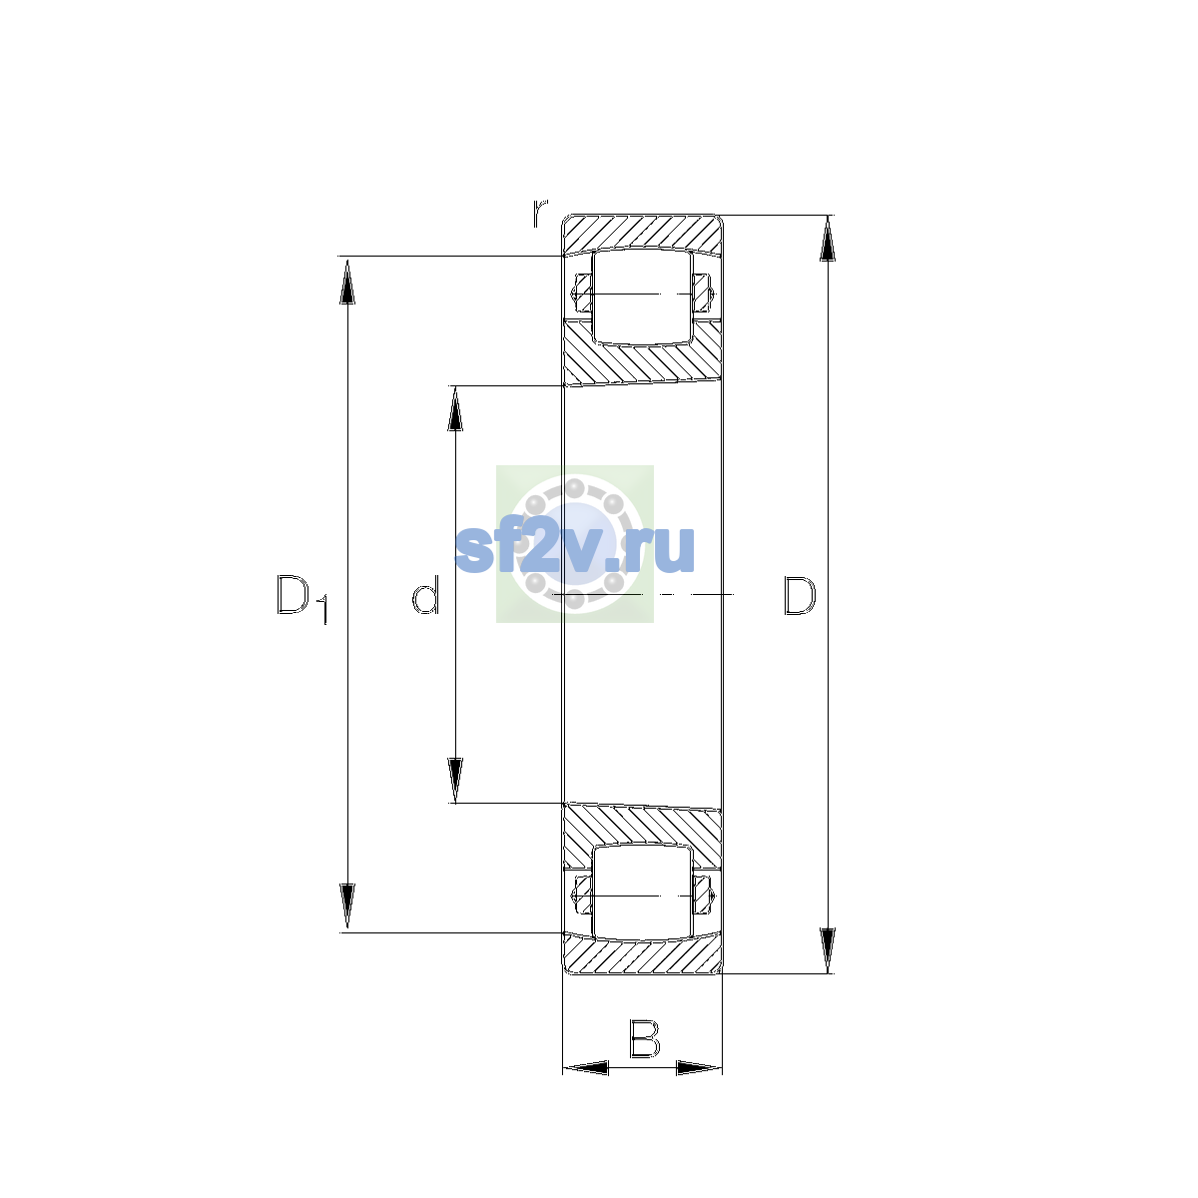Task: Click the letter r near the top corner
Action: point(540,213)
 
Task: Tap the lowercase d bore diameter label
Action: point(426,594)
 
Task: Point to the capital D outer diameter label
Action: point(799,595)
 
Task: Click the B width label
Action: point(644,1038)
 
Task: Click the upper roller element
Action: point(642,298)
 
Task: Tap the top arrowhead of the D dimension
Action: point(827,239)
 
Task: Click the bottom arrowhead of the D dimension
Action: point(827,950)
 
